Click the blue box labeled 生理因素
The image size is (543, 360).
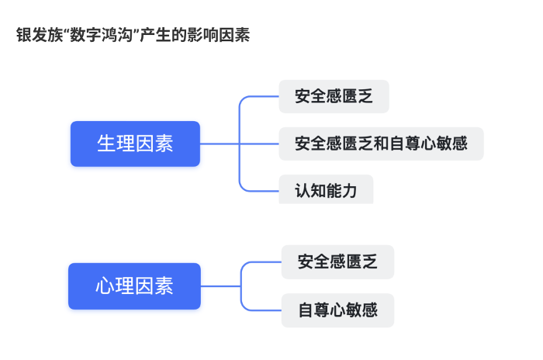[x=135, y=144]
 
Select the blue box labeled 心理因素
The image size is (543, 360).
[x=135, y=286]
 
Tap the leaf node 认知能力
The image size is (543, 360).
[x=326, y=190]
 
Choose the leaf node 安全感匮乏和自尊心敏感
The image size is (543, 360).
[x=381, y=144]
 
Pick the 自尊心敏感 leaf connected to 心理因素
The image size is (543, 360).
[x=337, y=310]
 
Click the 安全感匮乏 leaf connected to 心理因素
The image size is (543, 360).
[x=337, y=262]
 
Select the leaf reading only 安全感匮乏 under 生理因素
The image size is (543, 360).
[x=334, y=97]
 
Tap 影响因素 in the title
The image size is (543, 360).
[x=219, y=36]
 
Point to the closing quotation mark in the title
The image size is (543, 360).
[x=139, y=33]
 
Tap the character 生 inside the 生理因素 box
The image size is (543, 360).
[x=105, y=144]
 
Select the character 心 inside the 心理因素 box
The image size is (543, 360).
[x=105, y=286]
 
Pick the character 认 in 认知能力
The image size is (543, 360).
[x=303, y=190]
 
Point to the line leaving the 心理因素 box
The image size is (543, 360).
[x=221, y=286]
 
